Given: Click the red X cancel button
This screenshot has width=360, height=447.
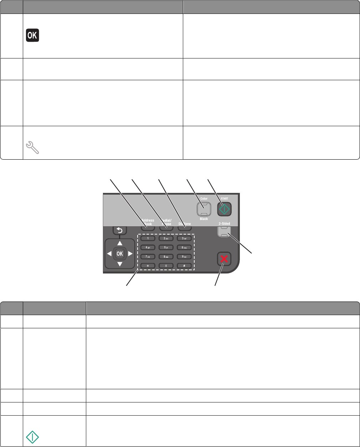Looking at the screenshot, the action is (x=224, y=259).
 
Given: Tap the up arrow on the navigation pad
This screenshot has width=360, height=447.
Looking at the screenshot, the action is (x=120, y=243).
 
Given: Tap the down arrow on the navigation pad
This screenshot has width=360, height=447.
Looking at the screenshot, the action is (x=120, y=264).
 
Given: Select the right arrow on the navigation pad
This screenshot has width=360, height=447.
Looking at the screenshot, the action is (x=130, y=254).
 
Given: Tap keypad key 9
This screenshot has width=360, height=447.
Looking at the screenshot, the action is (x=184, y=256).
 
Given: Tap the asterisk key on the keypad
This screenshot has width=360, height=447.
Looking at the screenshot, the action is (x=148, y=266).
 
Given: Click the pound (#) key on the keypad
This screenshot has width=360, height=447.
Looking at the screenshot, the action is (x=184, y=266).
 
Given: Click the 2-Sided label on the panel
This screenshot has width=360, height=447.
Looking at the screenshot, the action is (x=224, y=223).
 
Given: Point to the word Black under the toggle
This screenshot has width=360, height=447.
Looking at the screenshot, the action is (x=204, y=219).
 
